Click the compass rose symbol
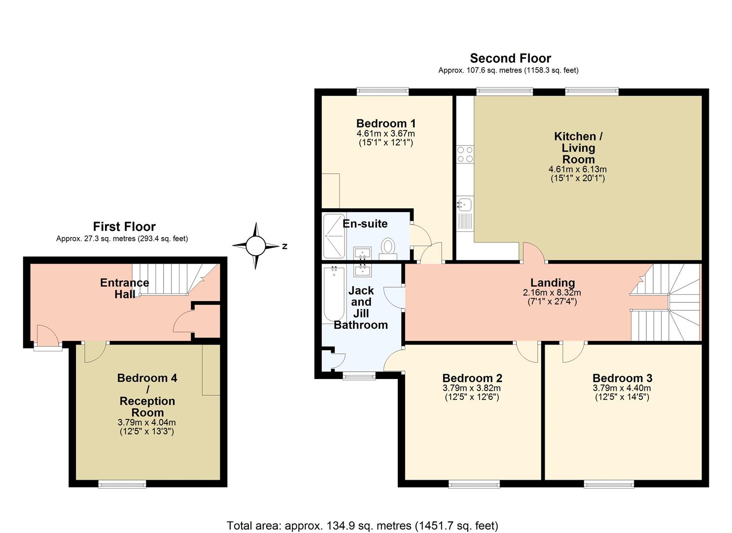tap(256, 246)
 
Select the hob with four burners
tap(465, 154)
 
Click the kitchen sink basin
tap(464, 204)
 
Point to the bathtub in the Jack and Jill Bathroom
tap(334, 294)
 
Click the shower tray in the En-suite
tap(334, 236)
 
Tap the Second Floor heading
tap(511, 58)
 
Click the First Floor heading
tap(124, 227)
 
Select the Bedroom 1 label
tap(386, 124)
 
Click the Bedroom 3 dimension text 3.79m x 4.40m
tap(622, 388)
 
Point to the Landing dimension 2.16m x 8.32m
tap(552, 293)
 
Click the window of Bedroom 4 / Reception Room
tap(122, 484)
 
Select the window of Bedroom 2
tap(474, 484)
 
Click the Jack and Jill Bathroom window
tap(359, 375)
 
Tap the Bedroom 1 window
tap(383, 91)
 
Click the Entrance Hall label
tap(125, 288)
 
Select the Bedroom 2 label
tap(472, 378)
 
